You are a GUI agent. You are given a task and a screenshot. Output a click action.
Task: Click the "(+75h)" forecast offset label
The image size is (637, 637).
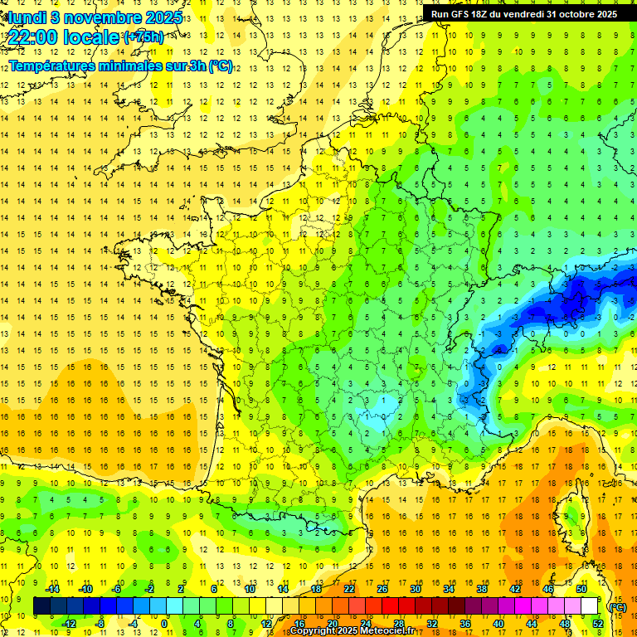143,37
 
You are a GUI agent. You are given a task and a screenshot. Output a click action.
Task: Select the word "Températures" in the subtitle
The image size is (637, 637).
51,66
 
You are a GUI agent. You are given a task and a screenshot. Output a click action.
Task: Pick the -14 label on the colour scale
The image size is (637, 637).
53,589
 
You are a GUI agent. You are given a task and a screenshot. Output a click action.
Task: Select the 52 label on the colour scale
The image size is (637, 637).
597,624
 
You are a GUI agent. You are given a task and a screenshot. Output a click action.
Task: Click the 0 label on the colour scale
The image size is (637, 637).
164,624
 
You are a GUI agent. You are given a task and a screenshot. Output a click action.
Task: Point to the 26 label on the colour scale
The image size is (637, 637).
382,589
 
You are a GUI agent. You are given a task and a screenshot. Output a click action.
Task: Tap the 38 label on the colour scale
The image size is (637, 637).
481,589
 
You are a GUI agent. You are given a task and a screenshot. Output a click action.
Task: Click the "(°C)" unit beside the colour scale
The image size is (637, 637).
618,606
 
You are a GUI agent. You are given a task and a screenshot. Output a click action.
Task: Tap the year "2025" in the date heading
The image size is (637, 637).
155,17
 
